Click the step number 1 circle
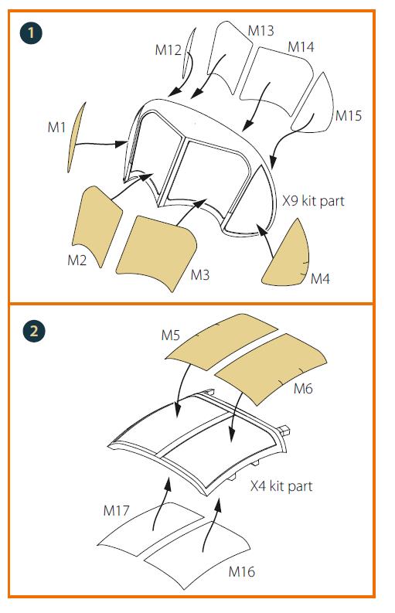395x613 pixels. (x=31, y=32)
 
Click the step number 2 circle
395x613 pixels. (x=34, y=332)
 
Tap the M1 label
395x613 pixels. (x=56, y=127)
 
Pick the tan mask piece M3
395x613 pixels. (x=156, y=251)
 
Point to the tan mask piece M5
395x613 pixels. (x=221, y=341)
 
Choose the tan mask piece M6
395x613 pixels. (x=271, y=367)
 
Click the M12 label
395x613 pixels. (x=169, y=50)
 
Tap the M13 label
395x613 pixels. (x=260, y=31)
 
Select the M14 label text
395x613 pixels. (x=301, y=47)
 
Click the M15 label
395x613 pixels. (x=349, y=116)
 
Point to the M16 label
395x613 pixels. (x=242, y=571)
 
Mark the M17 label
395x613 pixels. (x=116, y=510)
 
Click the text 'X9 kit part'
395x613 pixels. (x=314, y=201)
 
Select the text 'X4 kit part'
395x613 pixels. (x=281, y=486)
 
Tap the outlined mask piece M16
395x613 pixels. (x=198, y=554)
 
